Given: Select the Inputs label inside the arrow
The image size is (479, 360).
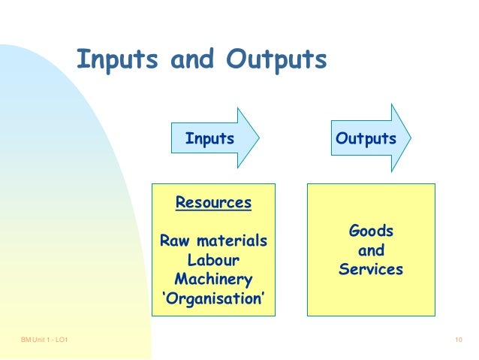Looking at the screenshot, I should tap(209, 139).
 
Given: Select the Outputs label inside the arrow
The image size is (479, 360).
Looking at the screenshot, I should tap(366, 139).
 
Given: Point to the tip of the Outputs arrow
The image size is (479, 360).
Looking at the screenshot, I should tap(411, 138).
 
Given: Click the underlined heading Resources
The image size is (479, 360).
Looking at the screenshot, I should tap(213, 202).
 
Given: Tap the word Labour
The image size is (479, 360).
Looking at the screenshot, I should tap(213, 261).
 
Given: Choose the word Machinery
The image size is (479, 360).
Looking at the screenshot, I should tap(213, 280).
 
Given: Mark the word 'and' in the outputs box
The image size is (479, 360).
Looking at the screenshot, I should tap(372, 250).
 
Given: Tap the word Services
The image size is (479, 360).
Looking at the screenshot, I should tap(372, 268).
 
